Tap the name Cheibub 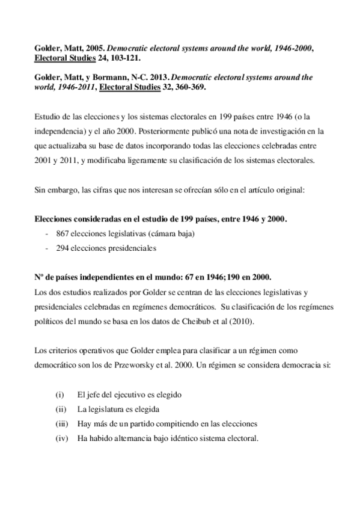203,321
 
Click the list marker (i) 59,395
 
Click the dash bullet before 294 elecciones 47,247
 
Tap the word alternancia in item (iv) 130,438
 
